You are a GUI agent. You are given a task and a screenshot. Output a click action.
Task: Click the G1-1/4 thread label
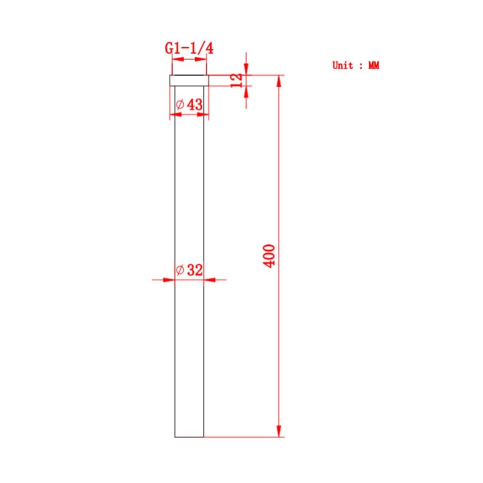(189, 48)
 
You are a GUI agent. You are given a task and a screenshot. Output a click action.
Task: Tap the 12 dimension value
(237, 80)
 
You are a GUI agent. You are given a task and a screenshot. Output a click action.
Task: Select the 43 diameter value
(195, 105)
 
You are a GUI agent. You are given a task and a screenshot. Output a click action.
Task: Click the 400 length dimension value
(270, 257)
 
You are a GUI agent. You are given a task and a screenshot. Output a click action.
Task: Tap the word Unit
(343, 65)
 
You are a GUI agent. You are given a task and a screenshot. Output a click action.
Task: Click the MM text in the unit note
(374, 65)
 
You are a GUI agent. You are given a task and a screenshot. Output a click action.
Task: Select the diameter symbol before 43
(180, 105)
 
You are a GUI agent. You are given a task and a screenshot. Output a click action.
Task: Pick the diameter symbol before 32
(180, 270)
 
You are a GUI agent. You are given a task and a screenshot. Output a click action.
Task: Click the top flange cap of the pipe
(189, 80)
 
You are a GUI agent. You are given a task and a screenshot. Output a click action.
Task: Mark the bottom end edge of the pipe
(189, 437)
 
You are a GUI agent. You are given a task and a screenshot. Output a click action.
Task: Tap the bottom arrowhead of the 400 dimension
(279, 430)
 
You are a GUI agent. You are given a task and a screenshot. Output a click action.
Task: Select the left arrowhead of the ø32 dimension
(169, 279)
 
